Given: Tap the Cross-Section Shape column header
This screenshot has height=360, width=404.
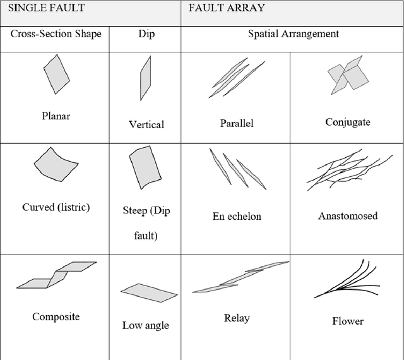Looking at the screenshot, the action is pos(56,34).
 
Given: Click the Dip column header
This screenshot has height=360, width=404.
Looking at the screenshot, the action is pos(146,34).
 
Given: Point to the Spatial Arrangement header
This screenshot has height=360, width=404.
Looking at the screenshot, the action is pos(293,34).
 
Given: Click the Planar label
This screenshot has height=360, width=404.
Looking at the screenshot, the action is pos(56,116).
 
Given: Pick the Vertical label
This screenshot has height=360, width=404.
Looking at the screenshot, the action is pos(146,124).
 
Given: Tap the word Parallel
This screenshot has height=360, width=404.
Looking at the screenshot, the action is pos(237,123).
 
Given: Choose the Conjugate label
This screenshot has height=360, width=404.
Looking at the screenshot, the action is pos(348,122).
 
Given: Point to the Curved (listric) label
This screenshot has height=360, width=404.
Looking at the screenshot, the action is pos(56,207).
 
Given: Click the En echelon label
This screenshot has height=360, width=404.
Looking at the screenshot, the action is pos(237,216).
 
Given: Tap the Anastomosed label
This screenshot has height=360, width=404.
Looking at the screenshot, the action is pos(348,216).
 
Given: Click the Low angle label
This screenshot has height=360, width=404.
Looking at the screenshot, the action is pos(146,325).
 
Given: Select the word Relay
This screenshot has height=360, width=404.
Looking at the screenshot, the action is pos(237,318).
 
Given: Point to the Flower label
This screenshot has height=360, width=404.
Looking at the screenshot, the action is pos(348,321).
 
